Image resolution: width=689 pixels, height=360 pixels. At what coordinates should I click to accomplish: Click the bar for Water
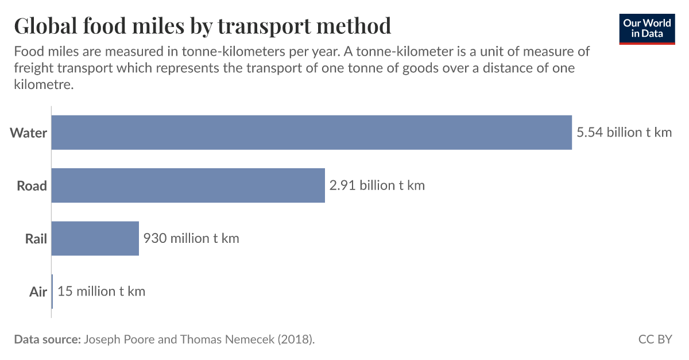(x=312, y=133)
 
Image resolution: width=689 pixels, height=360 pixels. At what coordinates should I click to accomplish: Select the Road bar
(x=188, y=185)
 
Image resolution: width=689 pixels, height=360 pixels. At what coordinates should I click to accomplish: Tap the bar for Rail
(x=95, y=238)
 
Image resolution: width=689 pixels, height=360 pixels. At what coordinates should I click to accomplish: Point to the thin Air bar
(x=52, y=291)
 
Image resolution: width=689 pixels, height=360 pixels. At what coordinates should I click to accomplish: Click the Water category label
(x=29, y=133)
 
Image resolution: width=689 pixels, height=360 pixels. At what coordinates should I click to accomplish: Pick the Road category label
(x=32, y=186)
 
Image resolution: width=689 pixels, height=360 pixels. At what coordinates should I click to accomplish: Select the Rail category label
(x=36, y=239)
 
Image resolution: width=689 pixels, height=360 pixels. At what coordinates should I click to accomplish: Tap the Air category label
(x=38, y=292)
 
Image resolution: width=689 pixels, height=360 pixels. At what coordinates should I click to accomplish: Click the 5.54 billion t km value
(x=624, y=133)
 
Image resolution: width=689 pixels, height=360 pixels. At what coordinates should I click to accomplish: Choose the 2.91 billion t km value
(x=377, y=185)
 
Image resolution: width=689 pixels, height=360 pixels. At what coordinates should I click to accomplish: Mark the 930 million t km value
(x=191, y=238)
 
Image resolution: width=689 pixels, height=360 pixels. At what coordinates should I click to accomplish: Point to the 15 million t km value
(x=102, y=291)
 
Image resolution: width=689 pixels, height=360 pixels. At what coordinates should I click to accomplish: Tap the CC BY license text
(x=655, y=339)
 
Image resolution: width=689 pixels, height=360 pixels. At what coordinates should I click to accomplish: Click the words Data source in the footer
(x=47, y=339)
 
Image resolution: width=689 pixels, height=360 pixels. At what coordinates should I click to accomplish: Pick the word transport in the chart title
(x=266, y=26)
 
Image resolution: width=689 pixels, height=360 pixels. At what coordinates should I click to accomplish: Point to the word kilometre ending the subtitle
(x=44, y=84)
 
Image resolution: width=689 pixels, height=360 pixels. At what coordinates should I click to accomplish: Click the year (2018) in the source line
(x=295, y=339)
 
